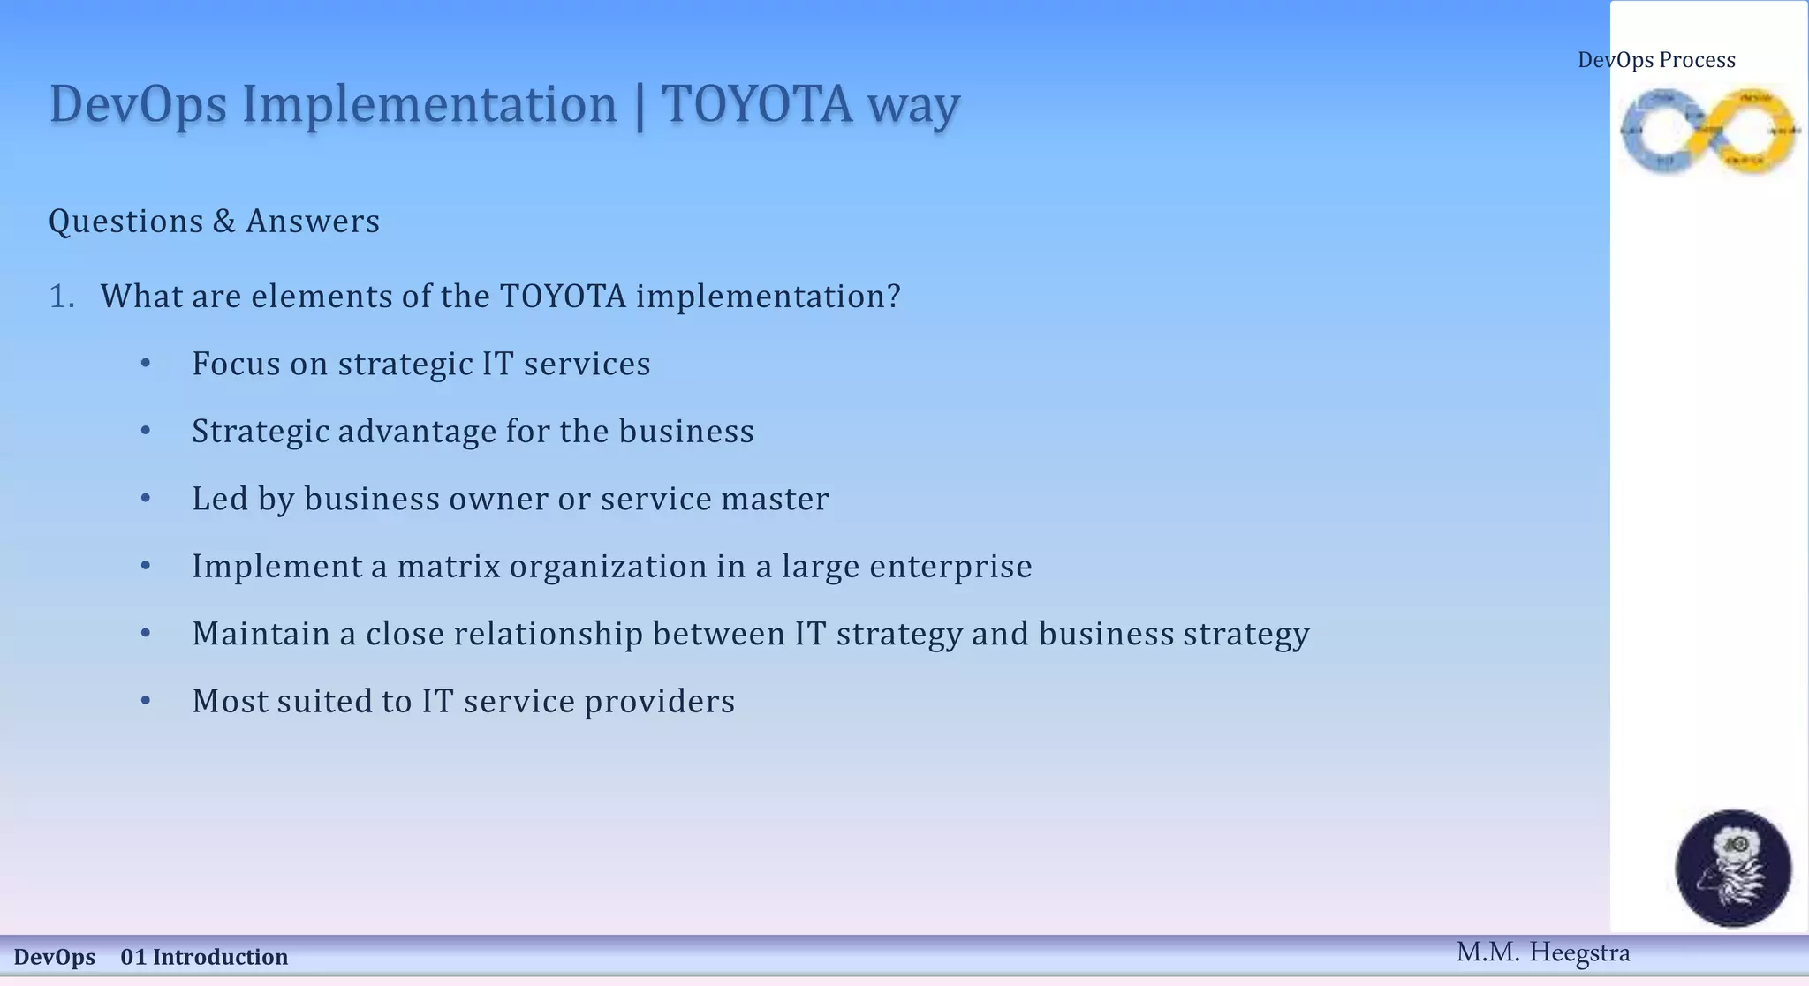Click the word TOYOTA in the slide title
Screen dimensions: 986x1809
757,104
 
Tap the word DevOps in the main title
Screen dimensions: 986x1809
138,104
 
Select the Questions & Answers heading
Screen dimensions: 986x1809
214,221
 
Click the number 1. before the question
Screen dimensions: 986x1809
61,297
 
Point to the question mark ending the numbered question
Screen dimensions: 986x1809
893,296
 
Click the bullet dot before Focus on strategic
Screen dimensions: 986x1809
146,363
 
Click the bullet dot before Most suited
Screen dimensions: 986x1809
146,701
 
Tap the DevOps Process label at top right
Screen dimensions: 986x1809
1656,60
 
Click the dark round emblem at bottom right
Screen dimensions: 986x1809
1733,868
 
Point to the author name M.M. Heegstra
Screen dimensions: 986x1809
1542,952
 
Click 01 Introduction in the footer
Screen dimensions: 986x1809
204,957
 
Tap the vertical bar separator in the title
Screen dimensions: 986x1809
640,106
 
